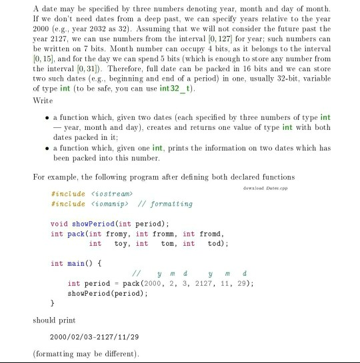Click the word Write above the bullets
[42, 101]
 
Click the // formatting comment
[163, 204]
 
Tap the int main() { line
[76, 263]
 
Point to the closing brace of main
[53, 303]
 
